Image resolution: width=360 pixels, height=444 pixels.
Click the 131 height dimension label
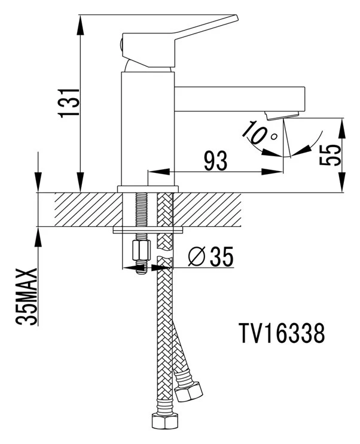point(69,102)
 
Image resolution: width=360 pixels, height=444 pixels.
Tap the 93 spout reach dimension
point(216,161)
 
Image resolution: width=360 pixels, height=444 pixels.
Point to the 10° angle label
point(259,132)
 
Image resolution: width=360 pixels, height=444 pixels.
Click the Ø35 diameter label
point(211,256)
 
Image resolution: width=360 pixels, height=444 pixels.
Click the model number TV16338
point(282,333)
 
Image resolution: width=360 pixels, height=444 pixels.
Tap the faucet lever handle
point(179,41)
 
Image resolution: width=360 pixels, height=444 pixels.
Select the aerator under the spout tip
point(282,115)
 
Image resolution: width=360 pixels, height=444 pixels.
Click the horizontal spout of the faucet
point(240,99)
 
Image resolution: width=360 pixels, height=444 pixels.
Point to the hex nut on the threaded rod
point(141,251)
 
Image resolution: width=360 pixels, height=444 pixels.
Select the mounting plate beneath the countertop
point(148,230)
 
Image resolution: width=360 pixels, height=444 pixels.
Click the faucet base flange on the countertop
point(148,189)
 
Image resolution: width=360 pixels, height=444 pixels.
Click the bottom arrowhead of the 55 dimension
point(342,183)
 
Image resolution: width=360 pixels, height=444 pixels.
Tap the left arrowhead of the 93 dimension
point(159,172)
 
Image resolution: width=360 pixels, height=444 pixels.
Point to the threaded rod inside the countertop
point(141,209)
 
